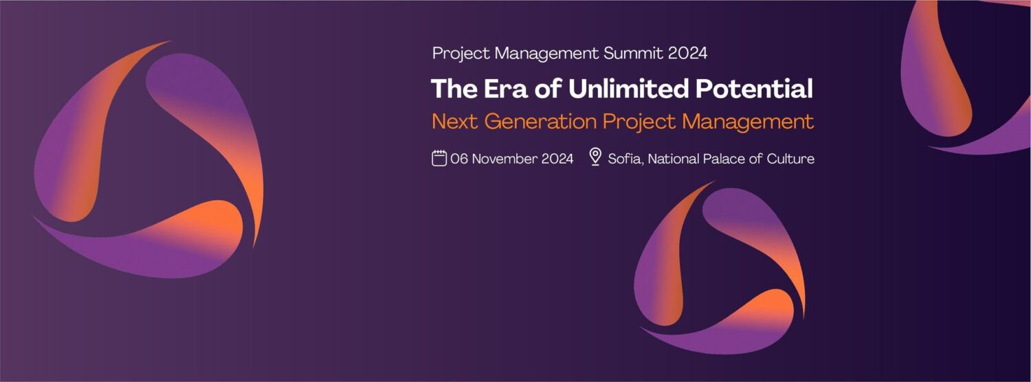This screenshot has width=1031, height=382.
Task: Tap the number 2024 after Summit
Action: (687, 54)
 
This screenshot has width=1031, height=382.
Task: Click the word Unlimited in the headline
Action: (629, 89)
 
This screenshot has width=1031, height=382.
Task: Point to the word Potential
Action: (754, 89)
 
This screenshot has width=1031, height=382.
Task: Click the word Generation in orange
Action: (540, 122)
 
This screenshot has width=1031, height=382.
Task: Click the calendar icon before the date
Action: (439, 158)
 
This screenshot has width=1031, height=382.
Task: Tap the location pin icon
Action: (595, 157)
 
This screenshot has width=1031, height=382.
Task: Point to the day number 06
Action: (459, 159)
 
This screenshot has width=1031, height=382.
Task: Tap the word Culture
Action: (790, 159)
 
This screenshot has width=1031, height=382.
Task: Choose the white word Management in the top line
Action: (547, 54)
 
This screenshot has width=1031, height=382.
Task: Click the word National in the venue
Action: (674, 159)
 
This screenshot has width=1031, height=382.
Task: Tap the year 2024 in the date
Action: (557, 159)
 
